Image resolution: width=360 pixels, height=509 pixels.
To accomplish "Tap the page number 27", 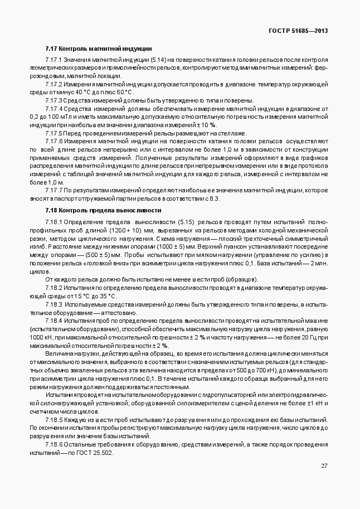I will [x=324, y=466].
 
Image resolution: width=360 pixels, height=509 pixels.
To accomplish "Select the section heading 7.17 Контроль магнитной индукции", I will [x=99, y=49].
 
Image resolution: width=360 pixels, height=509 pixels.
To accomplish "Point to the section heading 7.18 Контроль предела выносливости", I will [x=103, y=210].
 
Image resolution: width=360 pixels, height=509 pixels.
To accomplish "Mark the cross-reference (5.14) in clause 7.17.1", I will [x=159, y=60].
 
